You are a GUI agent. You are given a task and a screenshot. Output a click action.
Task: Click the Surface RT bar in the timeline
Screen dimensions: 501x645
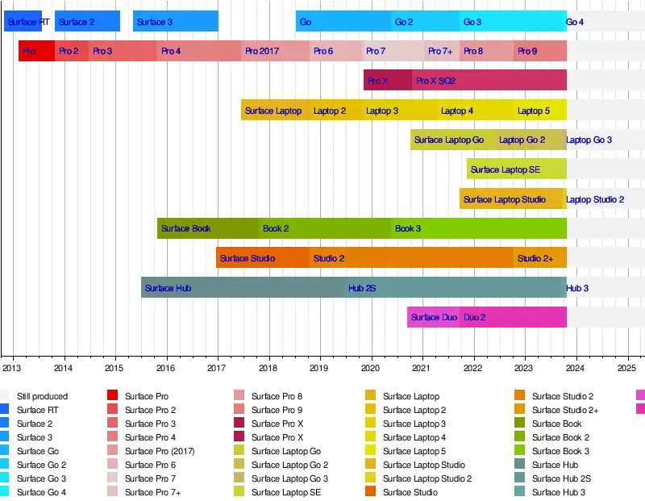[x=23, y=22]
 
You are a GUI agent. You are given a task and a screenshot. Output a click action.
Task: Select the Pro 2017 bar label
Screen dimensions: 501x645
[x=263, y=52]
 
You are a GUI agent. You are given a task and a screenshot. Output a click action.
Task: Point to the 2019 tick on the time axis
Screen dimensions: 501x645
[x=320, y=368]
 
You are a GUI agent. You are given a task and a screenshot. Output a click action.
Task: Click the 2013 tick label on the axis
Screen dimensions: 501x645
[x=11, y=368]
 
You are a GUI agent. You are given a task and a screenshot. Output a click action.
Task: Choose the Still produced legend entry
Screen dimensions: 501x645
[x=42, y=396]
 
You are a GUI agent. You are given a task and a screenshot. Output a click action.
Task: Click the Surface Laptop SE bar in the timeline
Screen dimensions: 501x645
[x=506, y=169]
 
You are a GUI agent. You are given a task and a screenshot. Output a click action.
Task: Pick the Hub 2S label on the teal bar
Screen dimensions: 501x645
[x=362, y=288]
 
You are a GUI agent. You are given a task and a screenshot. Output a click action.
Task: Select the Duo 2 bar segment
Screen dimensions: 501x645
[x=475, y=318]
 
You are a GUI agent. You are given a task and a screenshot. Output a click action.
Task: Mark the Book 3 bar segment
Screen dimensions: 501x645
[x=408, y=229]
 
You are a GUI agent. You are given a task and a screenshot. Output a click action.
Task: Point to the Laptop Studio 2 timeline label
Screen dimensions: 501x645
[x=595, y=199]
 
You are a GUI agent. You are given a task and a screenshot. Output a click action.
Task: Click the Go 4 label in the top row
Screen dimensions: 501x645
[x=575, y=22]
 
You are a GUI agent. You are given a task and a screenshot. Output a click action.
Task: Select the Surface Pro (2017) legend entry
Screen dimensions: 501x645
[x=160, y=451]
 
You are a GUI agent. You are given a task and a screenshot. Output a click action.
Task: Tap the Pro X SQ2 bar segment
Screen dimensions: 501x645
[x=435, y=81]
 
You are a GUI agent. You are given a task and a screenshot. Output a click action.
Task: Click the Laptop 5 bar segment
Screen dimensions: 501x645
[x=534, y=111]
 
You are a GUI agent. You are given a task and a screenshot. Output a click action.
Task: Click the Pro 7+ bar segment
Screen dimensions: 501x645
[x=440, y=52]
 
